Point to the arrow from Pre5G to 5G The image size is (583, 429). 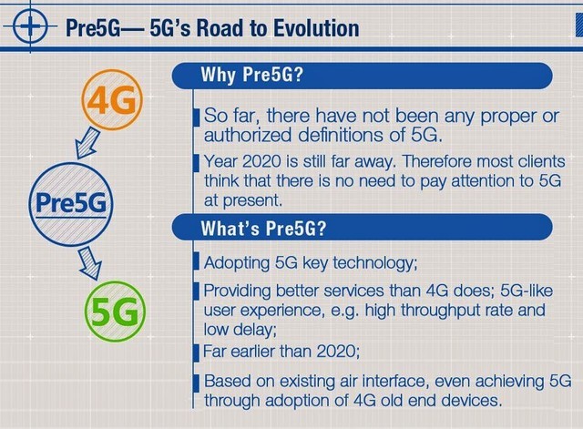(90, 264)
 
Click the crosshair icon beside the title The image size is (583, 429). (30, 26)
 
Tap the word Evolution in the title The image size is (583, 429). (316, 28)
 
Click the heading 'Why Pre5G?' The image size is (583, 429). (252, 75)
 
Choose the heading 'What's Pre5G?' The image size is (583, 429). (263, 228)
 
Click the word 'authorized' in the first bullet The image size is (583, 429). (248, 135)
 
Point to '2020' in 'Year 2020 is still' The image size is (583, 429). (261, 162)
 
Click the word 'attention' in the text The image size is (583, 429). (486, 181)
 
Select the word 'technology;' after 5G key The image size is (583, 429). (375, 263)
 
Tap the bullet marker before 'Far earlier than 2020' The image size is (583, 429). (197, 352)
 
